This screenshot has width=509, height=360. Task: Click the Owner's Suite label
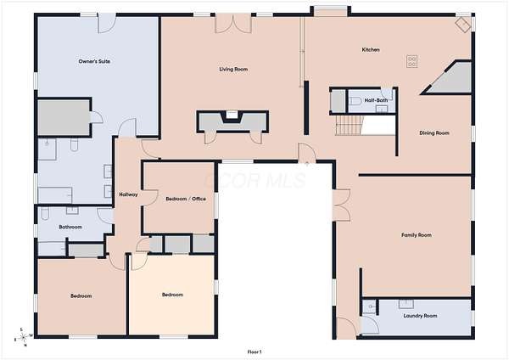(x=94, y=61)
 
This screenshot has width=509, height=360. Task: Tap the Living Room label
(x=233, y=69)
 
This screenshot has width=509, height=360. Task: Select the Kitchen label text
(x=371, y=50)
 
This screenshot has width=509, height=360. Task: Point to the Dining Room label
(x=434, y=133)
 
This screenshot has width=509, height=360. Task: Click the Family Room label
(x=417, y=235)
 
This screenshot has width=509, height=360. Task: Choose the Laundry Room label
(x=420, y=316)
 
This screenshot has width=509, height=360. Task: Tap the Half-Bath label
(x=376, y=100)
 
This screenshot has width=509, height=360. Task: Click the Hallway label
(x=128, y=194)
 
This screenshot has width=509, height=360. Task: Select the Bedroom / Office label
(x=186, y=199)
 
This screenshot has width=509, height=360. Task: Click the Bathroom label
(x=70, y=227)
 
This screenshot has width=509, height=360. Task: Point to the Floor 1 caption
(x=255, y=352)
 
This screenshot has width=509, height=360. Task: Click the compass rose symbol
(x=23, y=338)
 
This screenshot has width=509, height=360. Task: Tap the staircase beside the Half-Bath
(x=350, y=126)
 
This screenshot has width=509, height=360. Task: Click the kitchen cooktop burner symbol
(x=412, y=61)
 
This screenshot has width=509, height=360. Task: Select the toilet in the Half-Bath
(x=355, y=101)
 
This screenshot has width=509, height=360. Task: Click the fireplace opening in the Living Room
(x=232, y=115)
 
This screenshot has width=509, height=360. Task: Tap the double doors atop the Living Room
(x=233, y=24)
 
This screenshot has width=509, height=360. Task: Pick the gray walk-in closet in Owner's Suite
(x=64, y=117)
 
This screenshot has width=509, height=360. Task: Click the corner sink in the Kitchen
(x=462, y=25)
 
